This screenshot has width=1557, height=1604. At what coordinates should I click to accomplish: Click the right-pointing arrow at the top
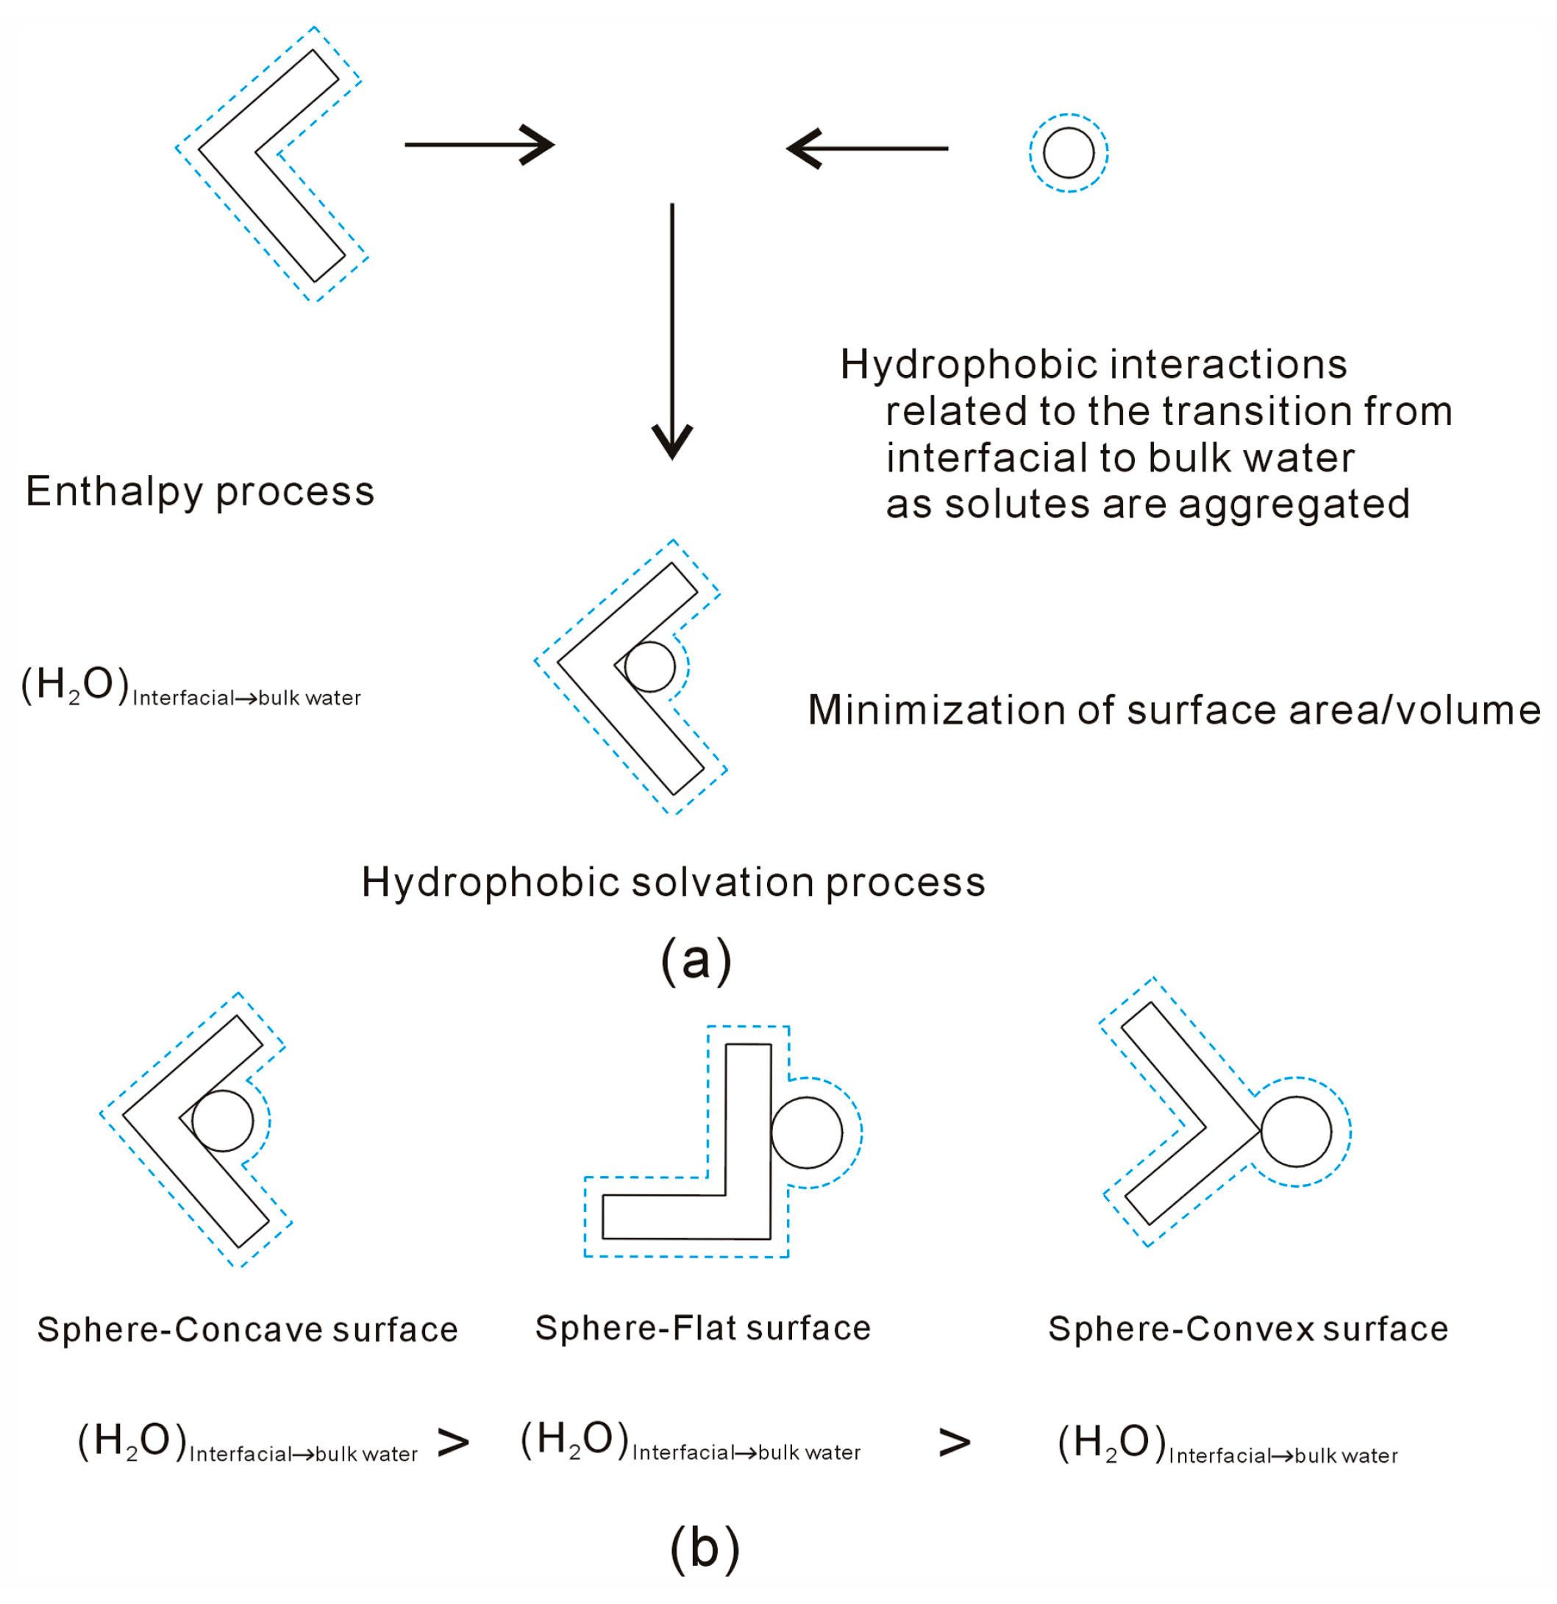click(480, 146)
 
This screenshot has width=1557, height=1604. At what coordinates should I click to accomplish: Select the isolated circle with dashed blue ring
click(1069, 153)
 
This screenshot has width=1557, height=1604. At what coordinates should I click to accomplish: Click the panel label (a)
click(696, 959)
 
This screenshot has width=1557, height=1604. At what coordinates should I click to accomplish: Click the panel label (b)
click(704, 1548)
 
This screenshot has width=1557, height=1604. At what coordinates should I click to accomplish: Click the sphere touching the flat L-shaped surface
click(806, 1133)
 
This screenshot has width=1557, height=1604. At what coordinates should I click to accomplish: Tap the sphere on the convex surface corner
click(1295, 1132)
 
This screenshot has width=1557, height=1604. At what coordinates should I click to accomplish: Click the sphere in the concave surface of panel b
click(223, 1120)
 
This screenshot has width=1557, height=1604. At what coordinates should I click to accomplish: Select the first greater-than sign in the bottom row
click(453, 1443)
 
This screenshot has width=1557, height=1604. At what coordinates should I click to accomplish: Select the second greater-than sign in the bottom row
click(954, 1443)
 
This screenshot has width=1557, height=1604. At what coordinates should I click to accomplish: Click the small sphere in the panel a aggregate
click(649, 667)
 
